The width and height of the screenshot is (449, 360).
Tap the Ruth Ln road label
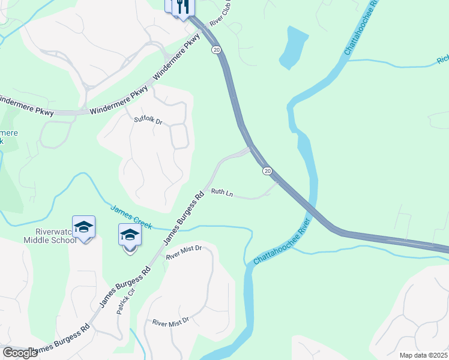click(221, 193)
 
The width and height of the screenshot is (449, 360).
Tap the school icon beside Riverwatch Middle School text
click(83, 227)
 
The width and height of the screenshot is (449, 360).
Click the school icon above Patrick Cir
click(130, 235)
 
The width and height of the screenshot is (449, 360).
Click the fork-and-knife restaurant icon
click(184, 6)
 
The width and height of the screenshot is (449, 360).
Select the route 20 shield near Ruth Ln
click(267, 171)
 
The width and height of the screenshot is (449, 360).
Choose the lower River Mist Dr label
click(170, 322)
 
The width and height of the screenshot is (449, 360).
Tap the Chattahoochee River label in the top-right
click(360, 28)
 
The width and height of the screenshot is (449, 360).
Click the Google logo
click(20, 353)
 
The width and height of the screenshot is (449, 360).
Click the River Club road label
click(220, 16)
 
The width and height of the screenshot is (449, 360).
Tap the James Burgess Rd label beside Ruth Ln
click(184, 217)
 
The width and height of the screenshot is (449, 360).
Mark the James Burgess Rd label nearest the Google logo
click(61, 340)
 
